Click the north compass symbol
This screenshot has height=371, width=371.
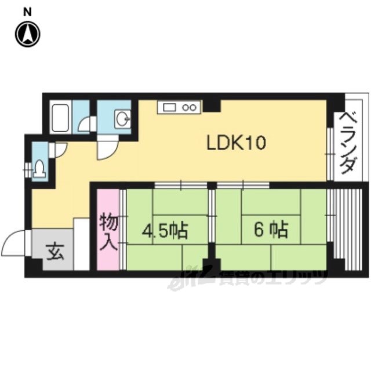[28, 34]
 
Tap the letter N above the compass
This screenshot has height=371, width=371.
[27, 12]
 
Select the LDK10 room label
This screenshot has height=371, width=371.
[237, 143]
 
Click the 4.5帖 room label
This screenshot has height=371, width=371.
[165, 230]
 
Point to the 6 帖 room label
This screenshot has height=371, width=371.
[271, 230]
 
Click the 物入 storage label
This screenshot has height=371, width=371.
[108, 232]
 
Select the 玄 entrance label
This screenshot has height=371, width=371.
[54, 252]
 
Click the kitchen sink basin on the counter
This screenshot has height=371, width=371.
[170, 108]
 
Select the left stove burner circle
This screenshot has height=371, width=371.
[185, 108]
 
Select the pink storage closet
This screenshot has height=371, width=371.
[108, 230]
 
